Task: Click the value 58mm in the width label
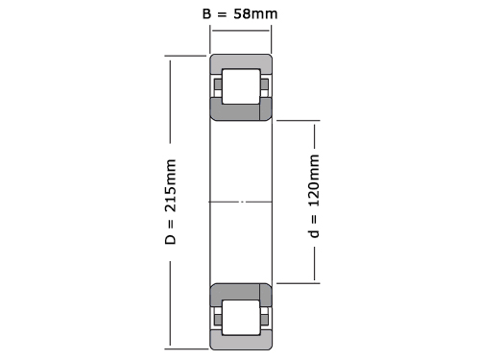(x=255, y=14)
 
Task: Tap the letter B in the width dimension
(x=206, y=13)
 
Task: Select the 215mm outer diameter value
(x=171, y=185)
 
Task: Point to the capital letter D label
(x=171, y=239)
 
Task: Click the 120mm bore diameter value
(x=314, y=180)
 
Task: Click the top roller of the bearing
(x=241, y=86)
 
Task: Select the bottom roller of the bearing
(x=241, y=318)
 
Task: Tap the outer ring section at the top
(x=241, y=61)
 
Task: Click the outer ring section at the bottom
(x=241, y=342)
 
